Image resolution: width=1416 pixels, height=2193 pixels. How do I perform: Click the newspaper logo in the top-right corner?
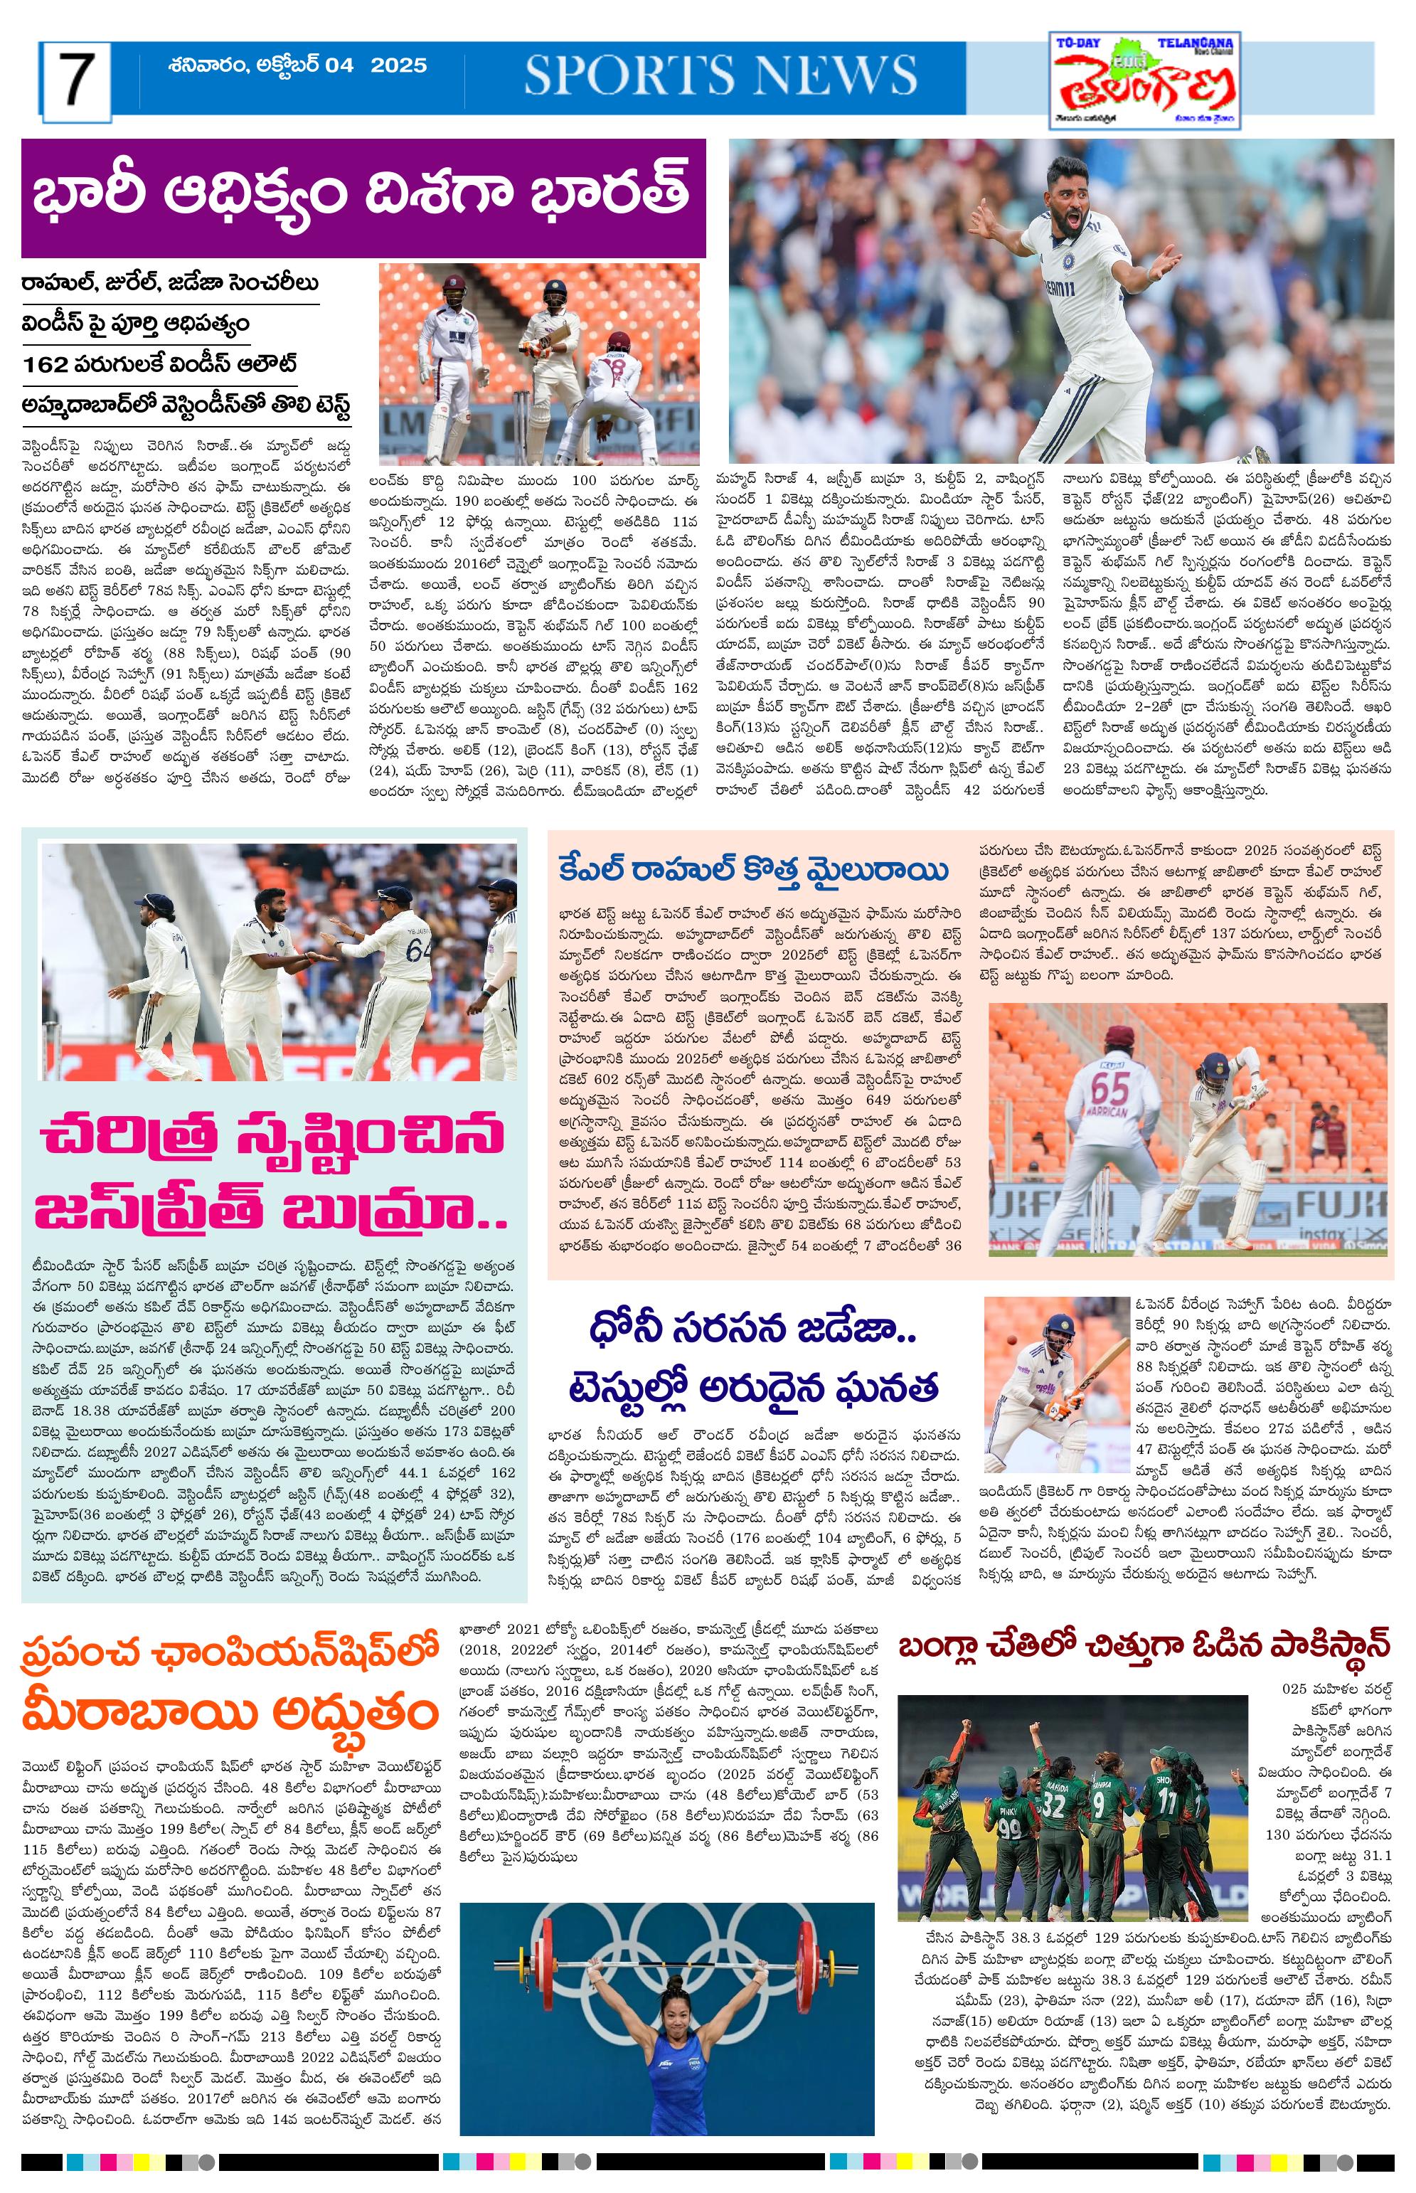coord(1146,82)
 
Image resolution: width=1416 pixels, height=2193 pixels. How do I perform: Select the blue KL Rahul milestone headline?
coord(753,870)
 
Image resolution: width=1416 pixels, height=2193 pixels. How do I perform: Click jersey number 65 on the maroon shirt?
coord(1109,1089)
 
